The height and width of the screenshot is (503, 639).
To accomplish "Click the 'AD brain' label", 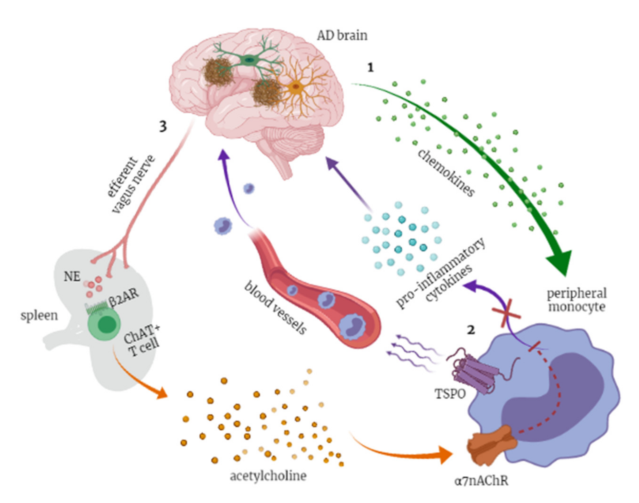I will coord(342,36).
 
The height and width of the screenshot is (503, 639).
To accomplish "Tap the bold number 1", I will coord(370,68).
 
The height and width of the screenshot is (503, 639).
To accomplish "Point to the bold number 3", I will coord(163,127).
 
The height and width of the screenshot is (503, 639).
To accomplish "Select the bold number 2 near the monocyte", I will coord(471,330).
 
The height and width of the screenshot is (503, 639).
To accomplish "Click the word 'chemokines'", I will coord(446,173).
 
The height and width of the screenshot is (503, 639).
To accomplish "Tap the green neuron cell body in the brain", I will coord(249,60).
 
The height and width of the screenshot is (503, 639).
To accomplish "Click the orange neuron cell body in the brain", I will coord(295,87).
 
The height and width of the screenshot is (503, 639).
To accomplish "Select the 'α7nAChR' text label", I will coord(482,481).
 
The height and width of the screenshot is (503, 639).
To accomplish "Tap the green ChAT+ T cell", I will coord(104,324).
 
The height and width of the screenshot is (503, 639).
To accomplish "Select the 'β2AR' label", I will coord(124,299).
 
